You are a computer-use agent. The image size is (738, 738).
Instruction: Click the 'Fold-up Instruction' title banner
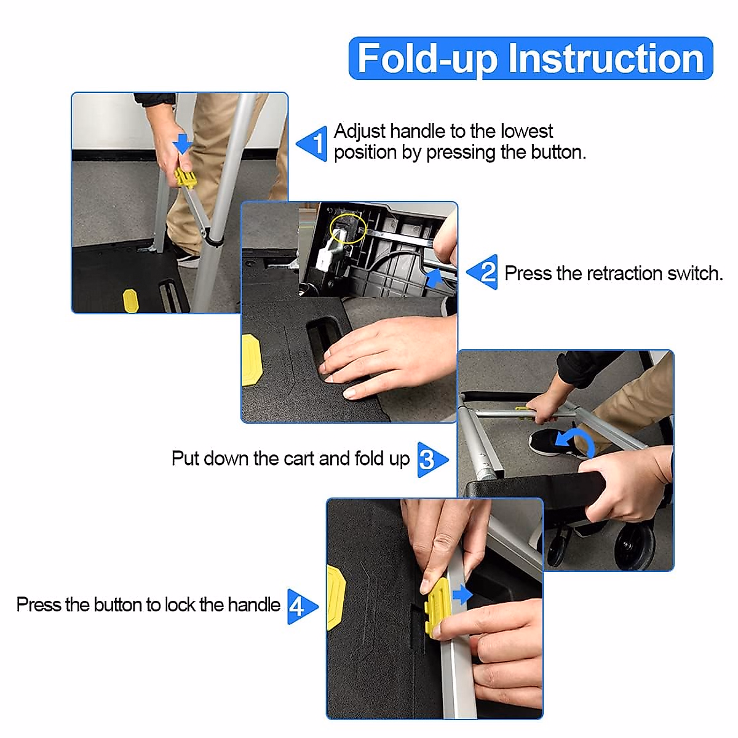click(530, 58)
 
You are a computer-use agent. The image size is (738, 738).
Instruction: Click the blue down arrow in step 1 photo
click(182, 144)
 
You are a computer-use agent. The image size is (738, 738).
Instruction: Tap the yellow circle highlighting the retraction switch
click(347, 229)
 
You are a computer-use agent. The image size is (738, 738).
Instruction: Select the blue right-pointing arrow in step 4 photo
click(462, 595)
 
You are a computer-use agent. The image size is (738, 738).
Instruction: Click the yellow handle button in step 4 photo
click(437, 608)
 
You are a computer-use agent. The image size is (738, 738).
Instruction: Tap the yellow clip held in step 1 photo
click(185, 178)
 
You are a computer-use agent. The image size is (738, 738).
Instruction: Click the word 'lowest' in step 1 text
click(526, 132)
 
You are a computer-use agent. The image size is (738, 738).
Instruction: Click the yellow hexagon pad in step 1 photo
click(130, 300)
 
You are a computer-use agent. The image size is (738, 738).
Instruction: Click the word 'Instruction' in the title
click(606, 58)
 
